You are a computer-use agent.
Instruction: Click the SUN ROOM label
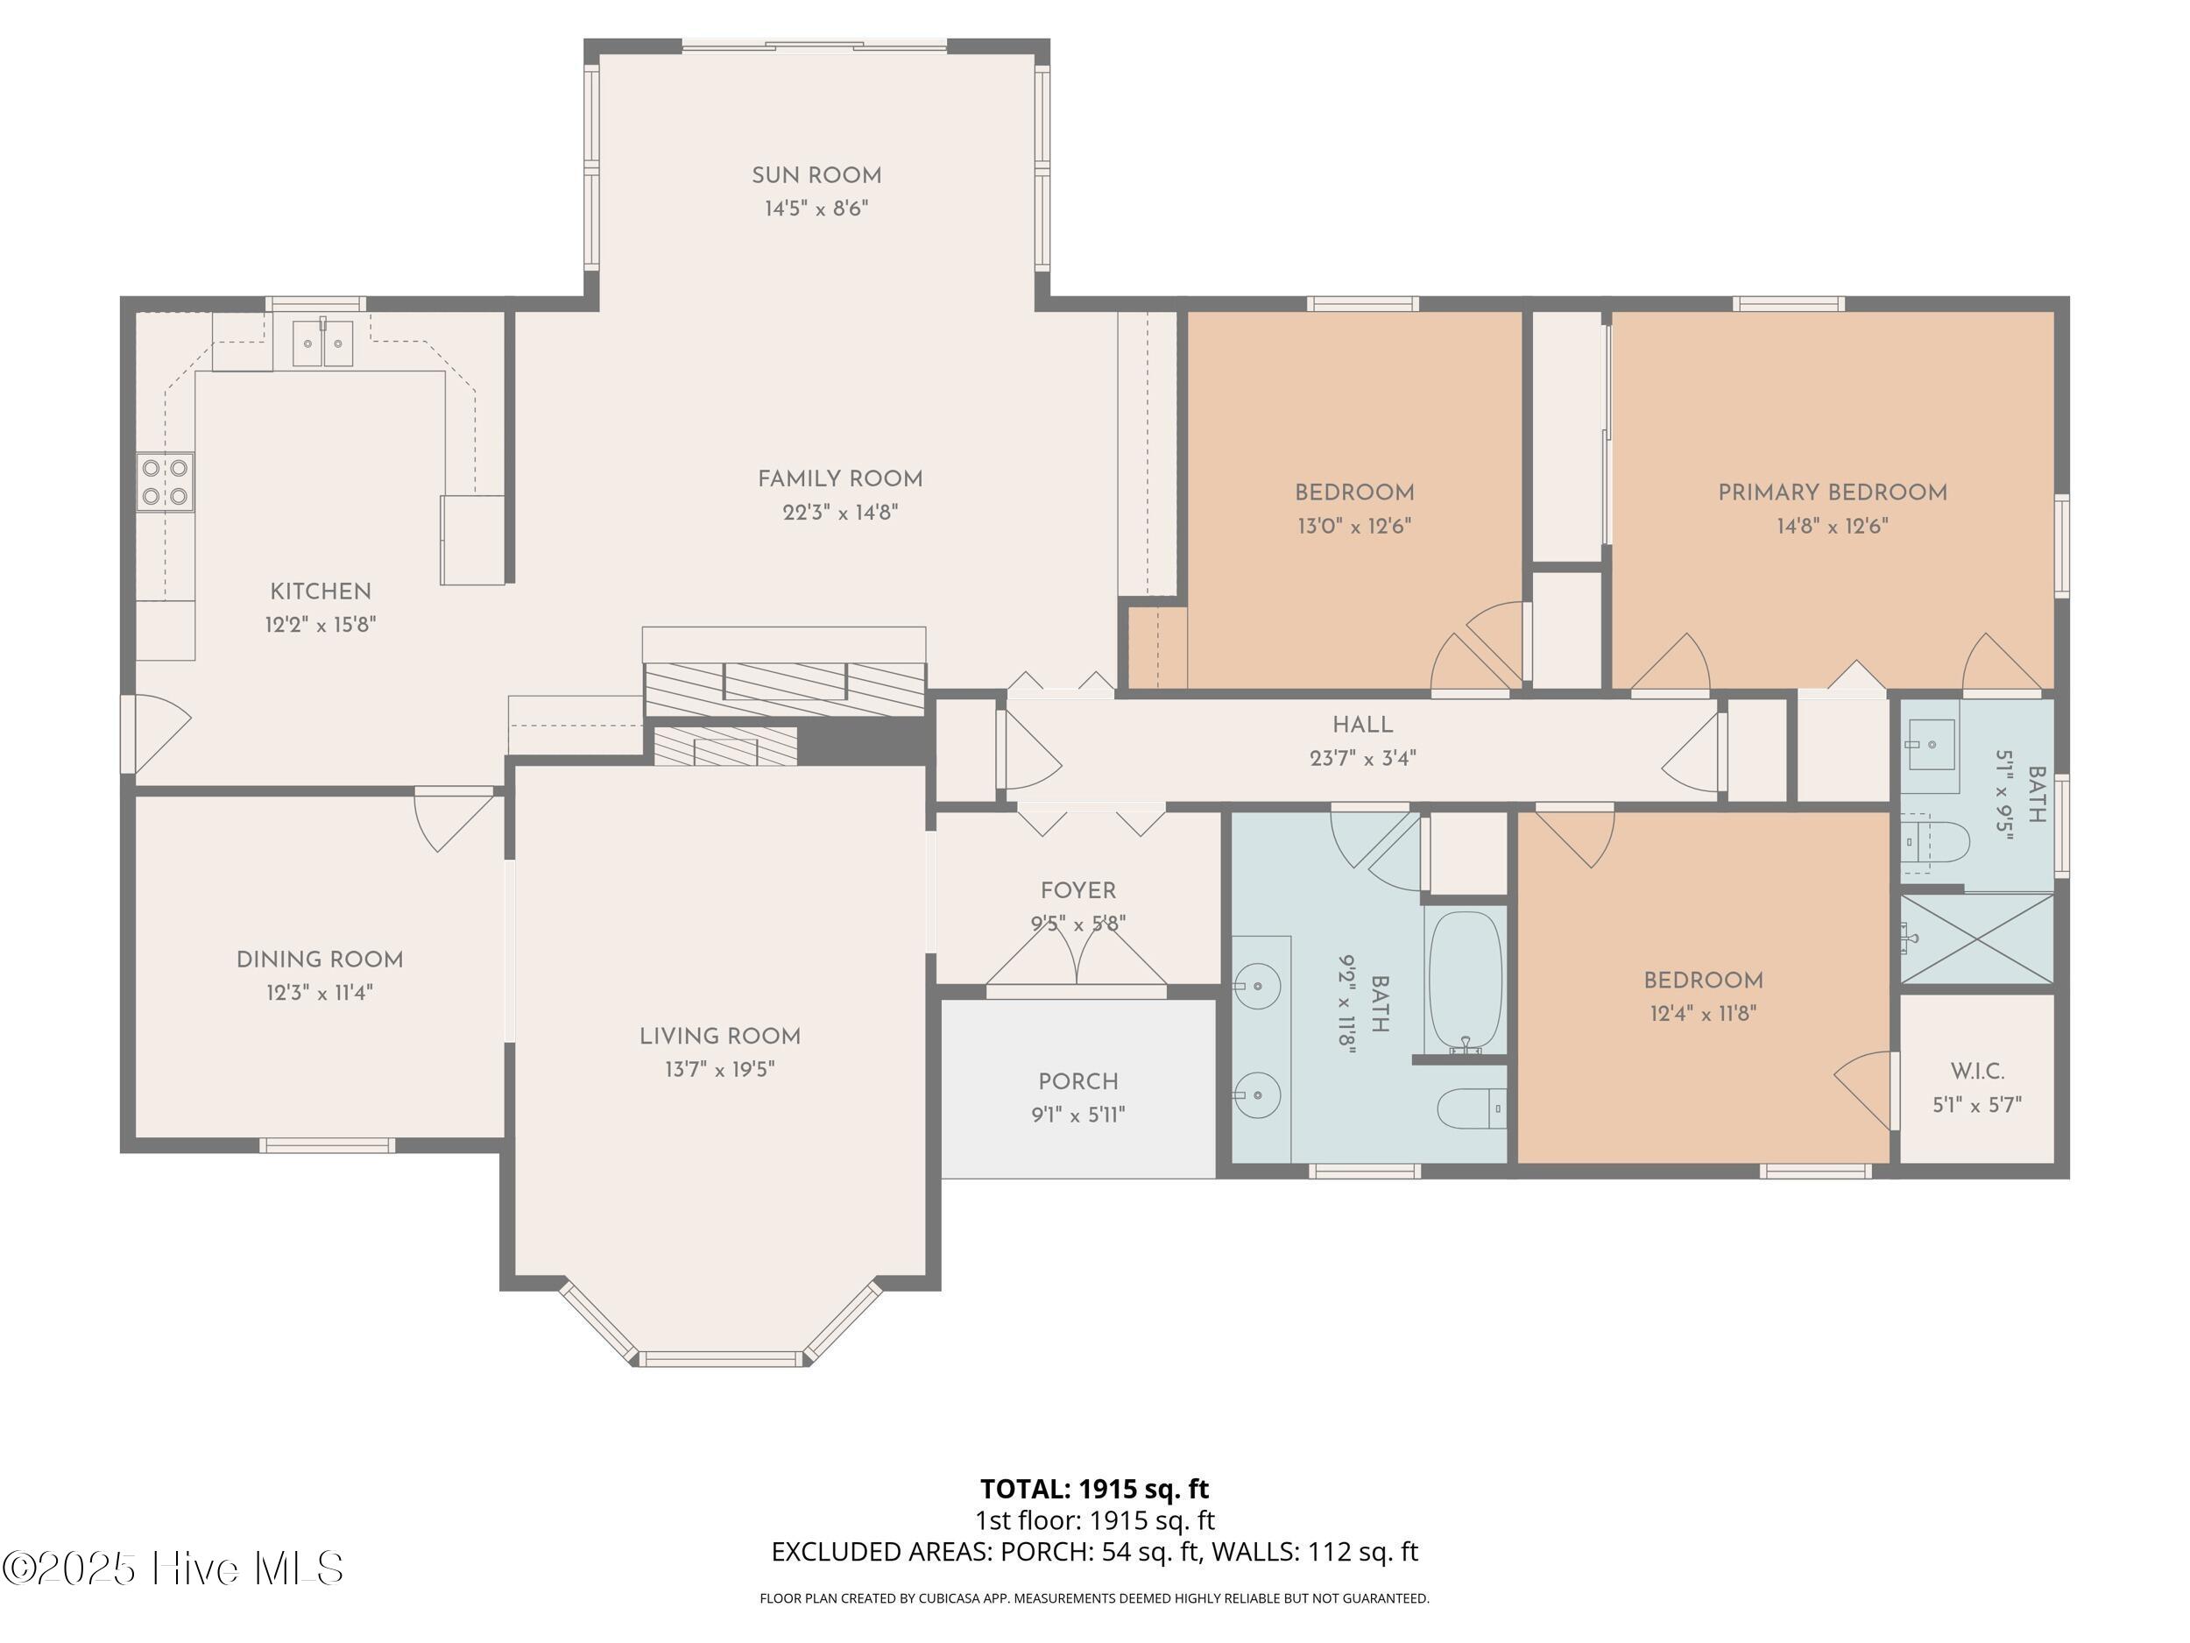tap(816, 175)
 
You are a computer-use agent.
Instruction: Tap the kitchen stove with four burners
tap(166, 481)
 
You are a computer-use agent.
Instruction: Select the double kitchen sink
tap(322, 343)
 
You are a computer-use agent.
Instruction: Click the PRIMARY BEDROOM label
tap(1832, 492)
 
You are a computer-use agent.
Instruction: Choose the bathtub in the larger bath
tap(1466, 981)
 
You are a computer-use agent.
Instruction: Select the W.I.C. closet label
tap(1976, 1071)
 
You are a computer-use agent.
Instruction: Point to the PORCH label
tap(1077, 1081)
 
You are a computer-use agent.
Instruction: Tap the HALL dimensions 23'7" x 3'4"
tap(1362, 758)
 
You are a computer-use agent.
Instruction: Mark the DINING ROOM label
tap(319, 959)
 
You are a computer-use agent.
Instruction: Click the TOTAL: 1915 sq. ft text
tap(1094, 1489)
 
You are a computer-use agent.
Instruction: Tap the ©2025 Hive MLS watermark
tap(173, 1568)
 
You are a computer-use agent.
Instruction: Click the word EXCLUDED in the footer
tap(830, 1551)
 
